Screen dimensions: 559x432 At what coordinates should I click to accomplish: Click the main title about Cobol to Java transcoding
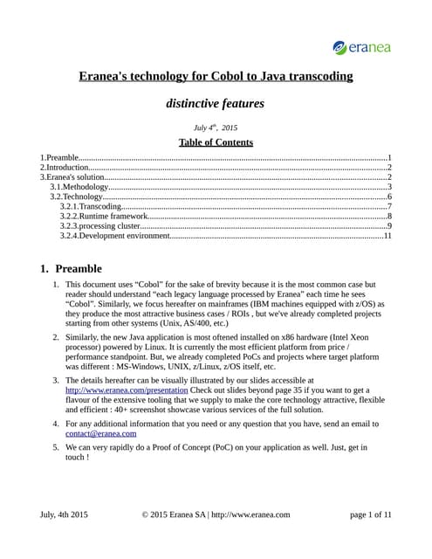pos(216,76)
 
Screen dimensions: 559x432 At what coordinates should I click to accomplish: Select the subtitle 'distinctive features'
pos(216,103)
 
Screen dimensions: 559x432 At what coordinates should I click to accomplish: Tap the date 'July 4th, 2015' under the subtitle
pos(216,128)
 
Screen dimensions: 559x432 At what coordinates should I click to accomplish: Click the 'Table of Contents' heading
pos(216,142)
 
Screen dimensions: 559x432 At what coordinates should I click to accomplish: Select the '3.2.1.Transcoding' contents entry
pos(91,206)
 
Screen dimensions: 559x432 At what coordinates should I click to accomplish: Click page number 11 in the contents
pos(387,235)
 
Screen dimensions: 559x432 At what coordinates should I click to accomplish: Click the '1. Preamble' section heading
pos(72,268)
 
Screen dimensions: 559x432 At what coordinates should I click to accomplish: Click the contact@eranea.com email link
pos(100,433)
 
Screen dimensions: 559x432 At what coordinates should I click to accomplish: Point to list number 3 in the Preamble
pos(55,381)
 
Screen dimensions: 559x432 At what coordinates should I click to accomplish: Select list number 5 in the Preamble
pos(55,446)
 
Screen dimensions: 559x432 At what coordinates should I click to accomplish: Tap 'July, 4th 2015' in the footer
pos(64,514)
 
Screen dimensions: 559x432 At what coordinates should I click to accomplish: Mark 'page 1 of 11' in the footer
pos(370,514)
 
